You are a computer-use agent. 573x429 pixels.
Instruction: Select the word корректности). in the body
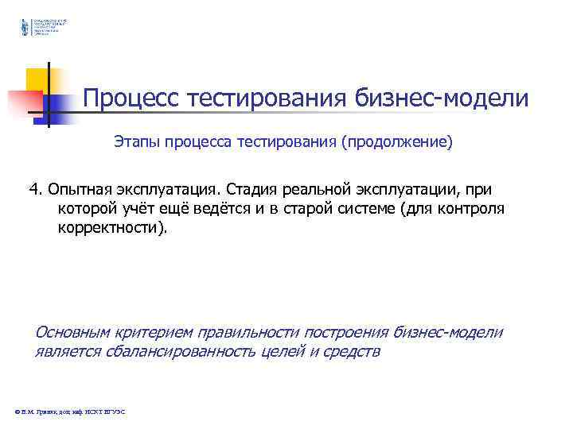(x=113, y=229)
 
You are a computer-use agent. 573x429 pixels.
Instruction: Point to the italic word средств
(x=351, y=352)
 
